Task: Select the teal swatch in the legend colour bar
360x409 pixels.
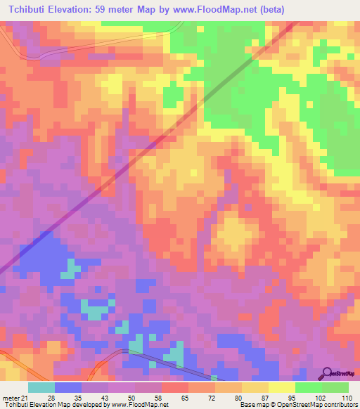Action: click(41, 387)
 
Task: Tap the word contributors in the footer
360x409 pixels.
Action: click(340, 404)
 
